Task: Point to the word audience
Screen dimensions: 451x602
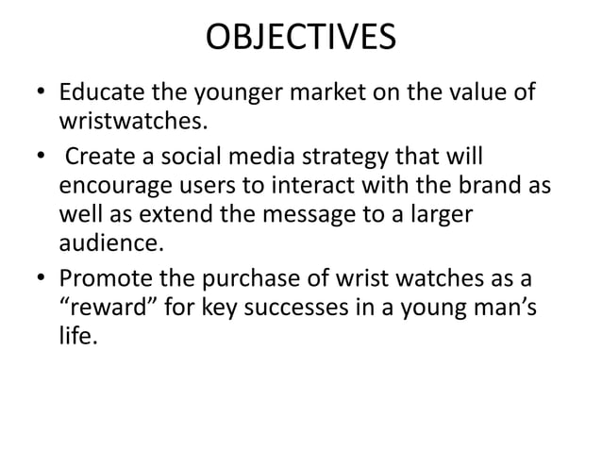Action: point(108,242)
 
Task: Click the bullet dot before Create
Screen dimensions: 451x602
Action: point(39,155)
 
